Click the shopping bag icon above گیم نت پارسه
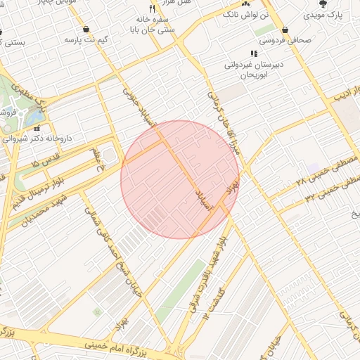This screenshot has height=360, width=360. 86,30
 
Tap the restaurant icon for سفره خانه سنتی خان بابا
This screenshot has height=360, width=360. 152,9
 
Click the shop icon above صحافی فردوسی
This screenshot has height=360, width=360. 285,30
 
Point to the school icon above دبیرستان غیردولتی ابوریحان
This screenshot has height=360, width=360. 253,53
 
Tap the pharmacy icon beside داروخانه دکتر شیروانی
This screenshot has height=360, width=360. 37,129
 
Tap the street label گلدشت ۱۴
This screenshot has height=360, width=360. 215,302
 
